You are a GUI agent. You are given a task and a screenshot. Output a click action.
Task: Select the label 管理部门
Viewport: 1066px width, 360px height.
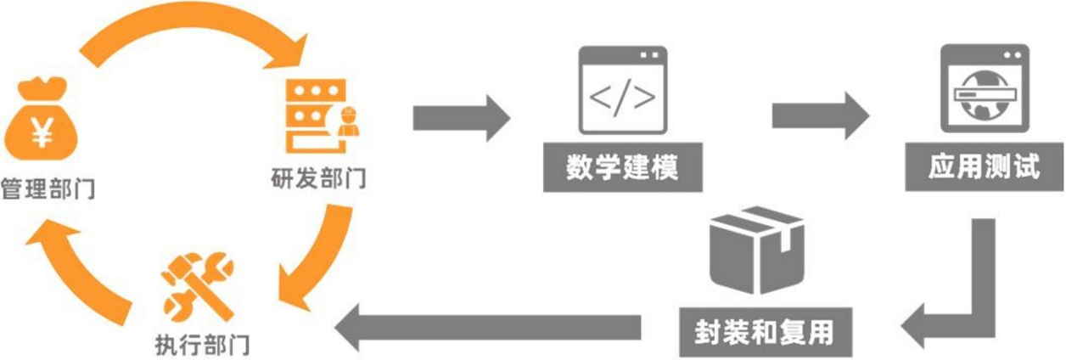[48, 188]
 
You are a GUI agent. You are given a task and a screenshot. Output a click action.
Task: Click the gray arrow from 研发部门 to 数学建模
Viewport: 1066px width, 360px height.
[461, 117]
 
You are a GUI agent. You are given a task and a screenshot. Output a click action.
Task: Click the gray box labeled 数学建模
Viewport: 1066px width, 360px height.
[622, 168]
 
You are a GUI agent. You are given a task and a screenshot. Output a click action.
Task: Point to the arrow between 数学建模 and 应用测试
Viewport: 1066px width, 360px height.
[820, 117]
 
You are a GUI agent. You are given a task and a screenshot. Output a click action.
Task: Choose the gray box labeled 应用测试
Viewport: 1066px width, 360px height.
[985, 168]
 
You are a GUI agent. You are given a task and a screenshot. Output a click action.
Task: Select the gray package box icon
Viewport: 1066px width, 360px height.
[755, 250]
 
